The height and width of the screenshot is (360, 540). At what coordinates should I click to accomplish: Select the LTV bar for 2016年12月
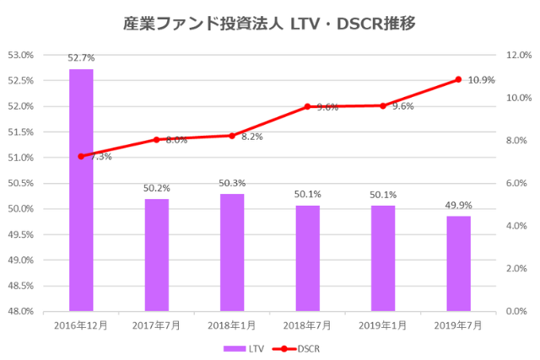click(81, 190)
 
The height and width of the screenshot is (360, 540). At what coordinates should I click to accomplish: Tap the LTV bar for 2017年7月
click(156, 255)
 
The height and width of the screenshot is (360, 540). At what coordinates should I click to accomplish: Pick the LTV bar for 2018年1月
click(232, 252)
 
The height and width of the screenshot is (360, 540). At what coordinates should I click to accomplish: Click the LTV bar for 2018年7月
click(307, 258)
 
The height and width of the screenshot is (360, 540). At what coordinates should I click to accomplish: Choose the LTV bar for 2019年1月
click(383, 258)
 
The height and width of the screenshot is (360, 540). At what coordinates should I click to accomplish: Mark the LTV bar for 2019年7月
click(458, 263)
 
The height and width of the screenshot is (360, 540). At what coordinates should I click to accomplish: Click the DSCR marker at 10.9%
click(458, 79)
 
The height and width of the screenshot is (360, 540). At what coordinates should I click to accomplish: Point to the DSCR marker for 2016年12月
click(81, 156)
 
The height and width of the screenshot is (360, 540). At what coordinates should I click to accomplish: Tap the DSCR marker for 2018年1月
click(232, 136)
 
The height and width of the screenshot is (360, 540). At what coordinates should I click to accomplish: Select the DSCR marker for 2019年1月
click(383, 105)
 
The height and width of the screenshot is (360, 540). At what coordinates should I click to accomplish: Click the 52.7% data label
click(81, 58)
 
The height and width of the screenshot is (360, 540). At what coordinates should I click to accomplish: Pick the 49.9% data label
click(458, 205)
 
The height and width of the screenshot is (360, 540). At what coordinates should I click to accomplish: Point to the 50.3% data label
click(232, 183)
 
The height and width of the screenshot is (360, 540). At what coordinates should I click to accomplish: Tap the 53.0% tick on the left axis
click(22, 55)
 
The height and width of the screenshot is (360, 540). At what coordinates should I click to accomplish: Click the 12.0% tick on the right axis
click(516, 55)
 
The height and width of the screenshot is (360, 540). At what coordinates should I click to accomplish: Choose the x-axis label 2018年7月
click(307, 325)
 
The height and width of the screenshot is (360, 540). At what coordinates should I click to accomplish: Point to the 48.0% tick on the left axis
click(22, 311)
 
